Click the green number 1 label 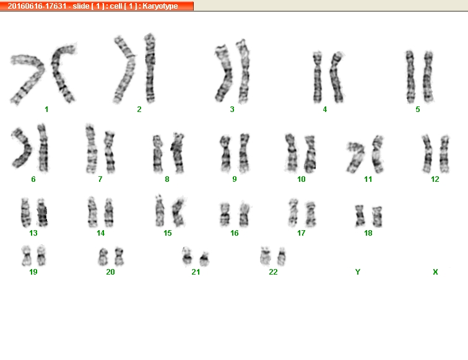coord(46,109)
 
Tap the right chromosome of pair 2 coord(150,68)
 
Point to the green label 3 coord(232,109)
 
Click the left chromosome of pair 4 coord(318,77)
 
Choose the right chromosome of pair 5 coord(428,76)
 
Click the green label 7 coord(100,179)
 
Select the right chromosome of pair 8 coord(178,153)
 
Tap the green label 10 coord(301,179)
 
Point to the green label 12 coord(435,179)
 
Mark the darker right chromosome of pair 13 coord(42,212)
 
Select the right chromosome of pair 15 coord(179,212)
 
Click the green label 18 coord(368,233)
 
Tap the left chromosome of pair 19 coord(26,256)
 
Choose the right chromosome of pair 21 coord(204,259)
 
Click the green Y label coord(358,272)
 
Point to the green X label coord(435,272)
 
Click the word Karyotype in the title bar coord(160,6)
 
